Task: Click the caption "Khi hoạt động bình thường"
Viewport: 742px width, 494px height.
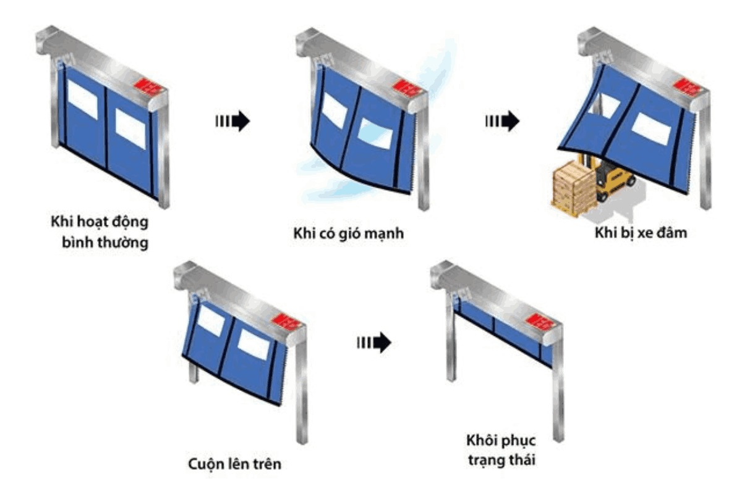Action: [98, 231]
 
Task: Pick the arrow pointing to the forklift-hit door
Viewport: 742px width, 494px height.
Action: [501, 121]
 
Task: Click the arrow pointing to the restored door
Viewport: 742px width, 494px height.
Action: [373, 341]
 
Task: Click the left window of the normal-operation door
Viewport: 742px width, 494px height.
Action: [83, 99]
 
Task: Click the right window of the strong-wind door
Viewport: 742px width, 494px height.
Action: [375, 133]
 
